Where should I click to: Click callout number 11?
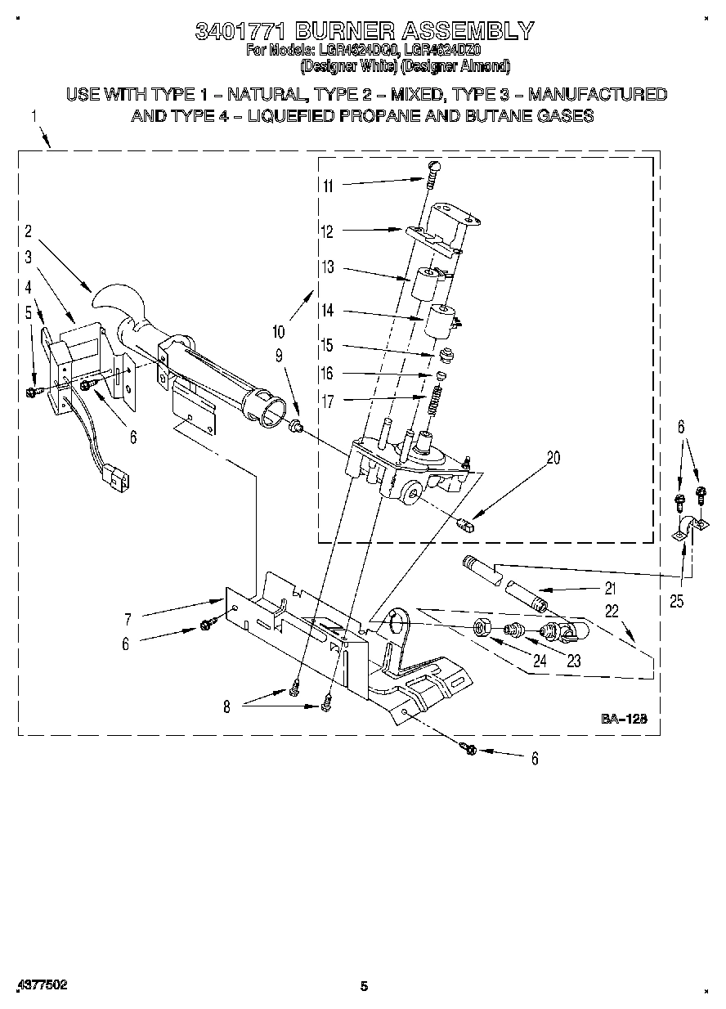pyautogui.click(x=328, y=186)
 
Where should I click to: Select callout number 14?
pyautogui.click(x=328, y=311)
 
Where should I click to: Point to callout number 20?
pyautogui.click(x=553, y=458)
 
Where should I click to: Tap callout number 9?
pyautogui.click(x=279, y=355)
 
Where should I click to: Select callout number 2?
pyautogui.click(x=28, y=231)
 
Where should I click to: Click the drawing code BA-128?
pyautogui.click(x=625, y=719)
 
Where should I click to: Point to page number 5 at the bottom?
pyautogui.click(x=365, y=986)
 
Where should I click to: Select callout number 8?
pyautogui.click(x=227, y=707)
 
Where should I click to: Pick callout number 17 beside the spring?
pyautogui.click(x=328, y=401)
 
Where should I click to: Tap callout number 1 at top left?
pyautogui.click(x=35, y=117)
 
